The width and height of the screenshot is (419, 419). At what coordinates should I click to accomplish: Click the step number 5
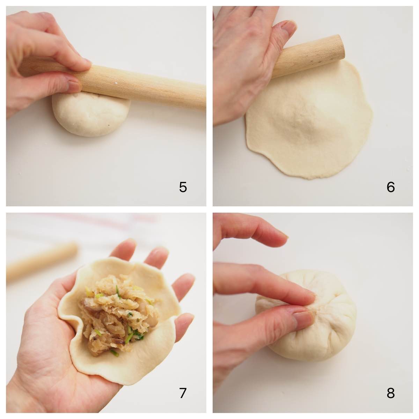tap(183, 188)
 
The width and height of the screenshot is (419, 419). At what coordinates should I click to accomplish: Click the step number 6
tap(390, 188)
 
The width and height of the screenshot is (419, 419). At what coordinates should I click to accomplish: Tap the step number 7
tap(183, 393)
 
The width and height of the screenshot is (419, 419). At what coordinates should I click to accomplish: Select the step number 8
tap(390, 393)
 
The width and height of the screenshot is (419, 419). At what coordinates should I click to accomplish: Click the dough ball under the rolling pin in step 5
tap(91, 117)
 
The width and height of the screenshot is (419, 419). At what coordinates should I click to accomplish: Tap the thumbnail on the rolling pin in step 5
tap(74, 86)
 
